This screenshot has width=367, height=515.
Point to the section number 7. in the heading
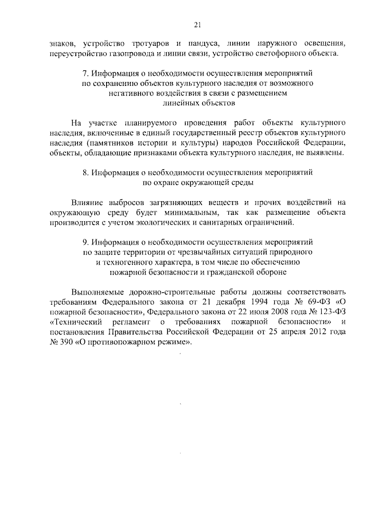[x=86, y=74]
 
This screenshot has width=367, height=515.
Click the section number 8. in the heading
[x=86, y=172]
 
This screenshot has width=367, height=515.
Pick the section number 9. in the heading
[x=86, y=242]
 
